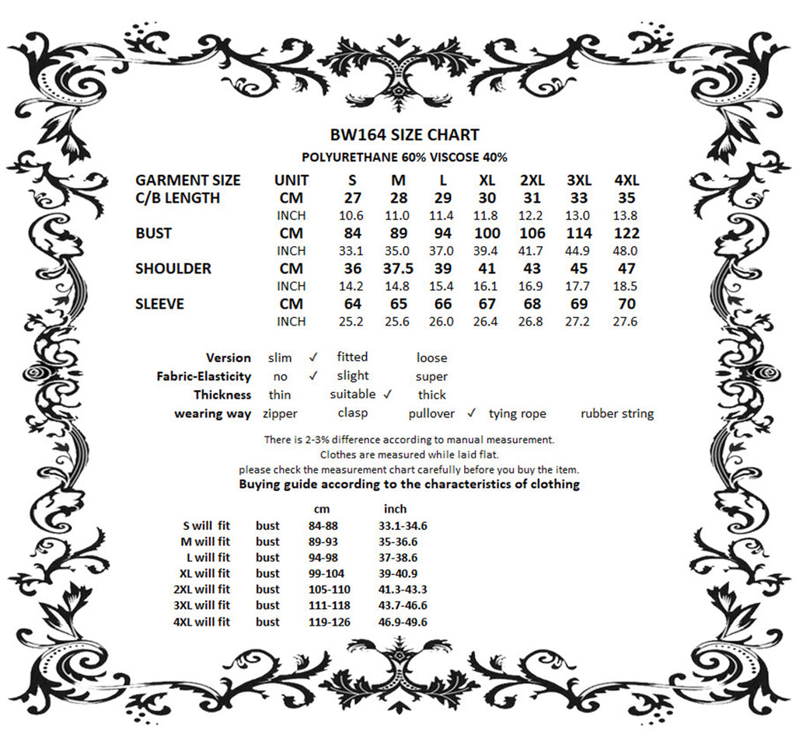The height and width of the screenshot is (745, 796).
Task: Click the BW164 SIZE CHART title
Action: (404, 134)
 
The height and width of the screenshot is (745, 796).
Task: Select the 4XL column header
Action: (627, 180)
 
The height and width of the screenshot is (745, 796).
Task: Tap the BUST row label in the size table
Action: (154, 233)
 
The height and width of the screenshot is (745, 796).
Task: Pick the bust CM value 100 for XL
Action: (487, 233)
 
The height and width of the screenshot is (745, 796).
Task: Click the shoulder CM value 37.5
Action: (398, 269)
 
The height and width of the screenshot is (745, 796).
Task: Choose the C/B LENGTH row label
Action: (177, 198)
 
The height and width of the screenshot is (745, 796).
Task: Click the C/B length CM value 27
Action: (353, 198)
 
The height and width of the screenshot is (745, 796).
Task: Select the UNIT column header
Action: (292, 180)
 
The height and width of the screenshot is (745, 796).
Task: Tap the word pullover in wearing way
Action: (431, 414)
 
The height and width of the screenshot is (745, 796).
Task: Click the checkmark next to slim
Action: (313, 357)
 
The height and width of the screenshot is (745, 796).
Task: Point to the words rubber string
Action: (617, 414)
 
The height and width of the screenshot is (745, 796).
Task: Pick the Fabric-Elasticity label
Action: (204, 377)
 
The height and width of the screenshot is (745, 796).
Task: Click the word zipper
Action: (280, 414)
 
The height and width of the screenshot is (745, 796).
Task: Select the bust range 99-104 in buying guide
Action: (326, 573)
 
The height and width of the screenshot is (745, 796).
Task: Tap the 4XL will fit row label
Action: (201, 621)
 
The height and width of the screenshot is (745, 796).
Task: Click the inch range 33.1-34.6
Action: (403, 526)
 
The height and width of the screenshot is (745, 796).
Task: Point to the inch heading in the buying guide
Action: (395, 510)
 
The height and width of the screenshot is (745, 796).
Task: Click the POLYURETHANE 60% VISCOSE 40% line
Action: (404, 157)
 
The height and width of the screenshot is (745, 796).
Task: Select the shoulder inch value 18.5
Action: (626, 286)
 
